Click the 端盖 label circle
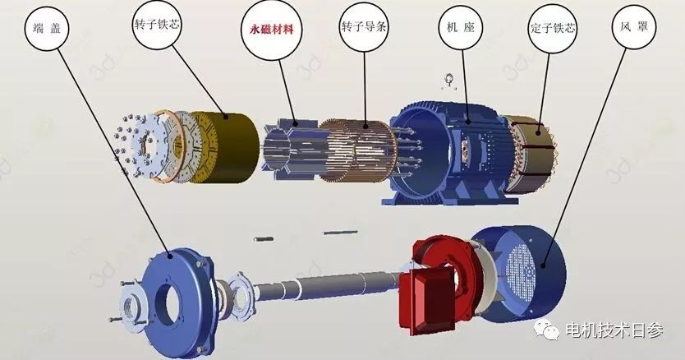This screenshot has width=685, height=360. click(x=47, y=29)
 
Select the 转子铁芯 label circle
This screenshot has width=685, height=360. click(x=157, y=25)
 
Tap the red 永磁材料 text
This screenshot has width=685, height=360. click(x=271, y=30)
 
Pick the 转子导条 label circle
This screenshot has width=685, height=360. click(x=364, y=26)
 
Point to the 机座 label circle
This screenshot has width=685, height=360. click(x=461, y=27)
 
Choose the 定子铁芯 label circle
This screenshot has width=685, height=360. click(x=553, y=29)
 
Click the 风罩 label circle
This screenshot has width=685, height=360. click(x=634, y=26)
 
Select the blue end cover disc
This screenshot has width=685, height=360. click(x=179, y=302)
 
